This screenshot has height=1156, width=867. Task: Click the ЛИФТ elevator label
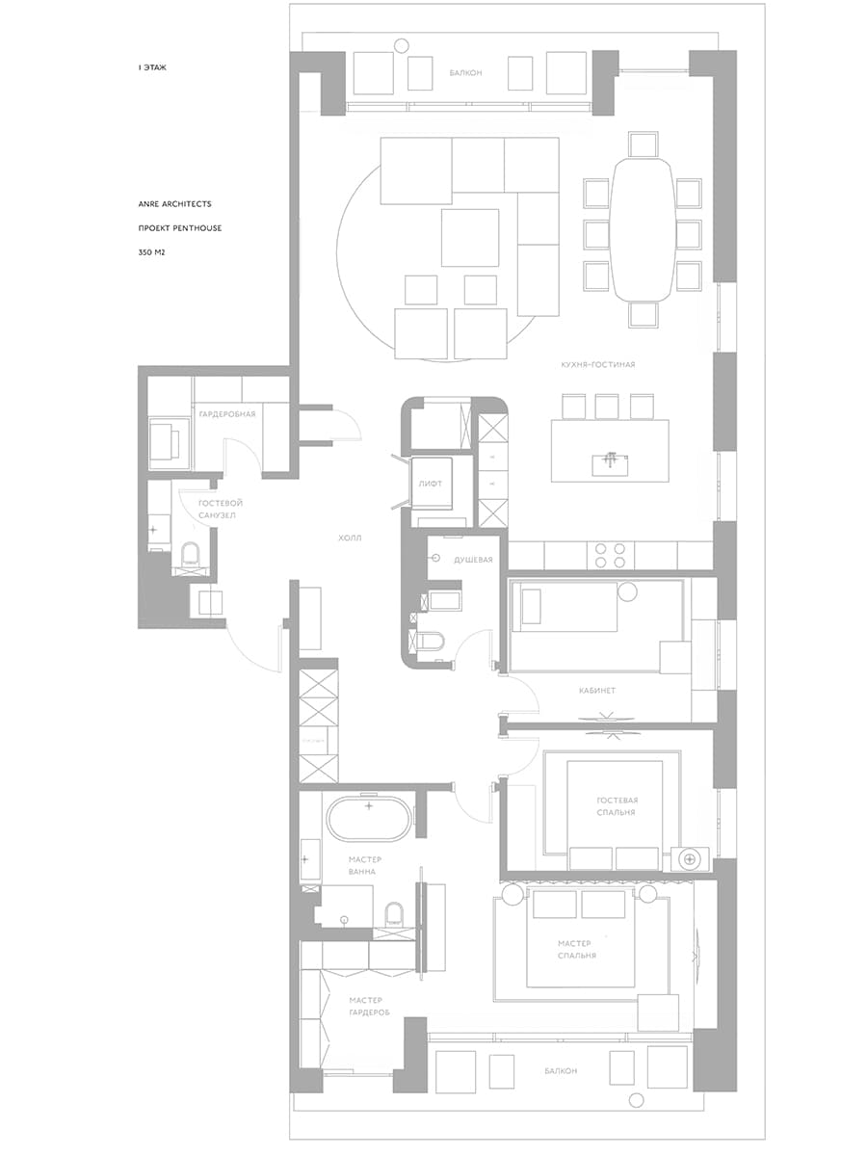coord(430,484)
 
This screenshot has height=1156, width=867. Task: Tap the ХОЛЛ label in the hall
coord(350,538)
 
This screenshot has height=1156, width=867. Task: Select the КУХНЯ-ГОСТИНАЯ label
coord(598,364)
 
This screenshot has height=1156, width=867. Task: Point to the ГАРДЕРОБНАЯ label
coord(227,414)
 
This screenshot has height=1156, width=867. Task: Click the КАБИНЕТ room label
coord(596,691)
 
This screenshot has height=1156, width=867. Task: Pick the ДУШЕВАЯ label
coord(473,560)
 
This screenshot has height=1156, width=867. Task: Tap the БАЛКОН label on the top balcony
coord(465,72)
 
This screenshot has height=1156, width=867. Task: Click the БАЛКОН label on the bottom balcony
coord(561,1070)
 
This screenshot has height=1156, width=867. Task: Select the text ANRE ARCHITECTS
coord(174,204)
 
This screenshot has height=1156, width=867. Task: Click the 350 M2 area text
coord(151,252)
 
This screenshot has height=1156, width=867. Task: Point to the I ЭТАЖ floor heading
coord(152,67)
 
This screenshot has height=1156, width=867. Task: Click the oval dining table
coord(643,229)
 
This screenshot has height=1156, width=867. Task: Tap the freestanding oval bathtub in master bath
coord(369,819)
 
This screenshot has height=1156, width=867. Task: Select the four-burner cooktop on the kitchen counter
coord(610,555)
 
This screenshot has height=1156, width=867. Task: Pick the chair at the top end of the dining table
coord(643,144)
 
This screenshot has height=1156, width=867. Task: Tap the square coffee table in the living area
coord(470,238)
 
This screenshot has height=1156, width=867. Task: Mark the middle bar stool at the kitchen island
coord(607,407)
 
